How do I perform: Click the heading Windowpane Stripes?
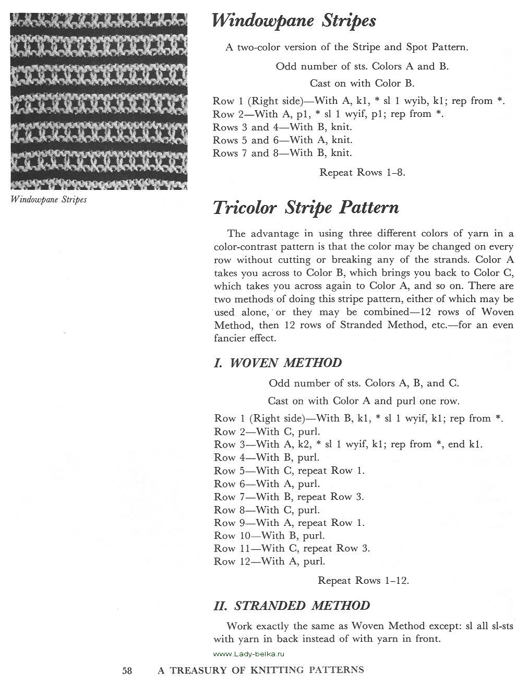click(x=294, y=21)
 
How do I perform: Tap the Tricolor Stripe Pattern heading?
click(x=306, y=207)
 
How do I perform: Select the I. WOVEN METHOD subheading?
click(x=278, y=363)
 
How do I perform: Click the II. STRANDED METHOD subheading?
click(x=292, y=606)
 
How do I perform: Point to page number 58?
click(x=127, y=670)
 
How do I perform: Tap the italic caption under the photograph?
click(x=49, y=199)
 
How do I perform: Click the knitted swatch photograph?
click(x=99, y=100)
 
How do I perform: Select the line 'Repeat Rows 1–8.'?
click(x=362, y=173)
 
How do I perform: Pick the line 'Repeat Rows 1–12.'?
click(x=363, y=580)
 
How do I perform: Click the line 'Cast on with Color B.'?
click(x=362, y=83)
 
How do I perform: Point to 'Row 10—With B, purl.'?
click(x=269, y=536)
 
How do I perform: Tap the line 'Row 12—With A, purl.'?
click(x=269, y=562)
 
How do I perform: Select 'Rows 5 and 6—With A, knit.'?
click(x=282, y=140)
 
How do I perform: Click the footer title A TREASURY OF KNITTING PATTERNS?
click(x=261, y=670)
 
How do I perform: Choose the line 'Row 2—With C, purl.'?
click(x=267, y=431)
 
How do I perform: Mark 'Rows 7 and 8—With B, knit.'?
click(x=282, y=153)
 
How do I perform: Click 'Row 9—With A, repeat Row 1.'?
click(x=289, y=523)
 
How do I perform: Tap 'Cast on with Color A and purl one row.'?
click(x=363, y=401)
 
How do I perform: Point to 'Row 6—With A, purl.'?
click(x=267, y=484)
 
